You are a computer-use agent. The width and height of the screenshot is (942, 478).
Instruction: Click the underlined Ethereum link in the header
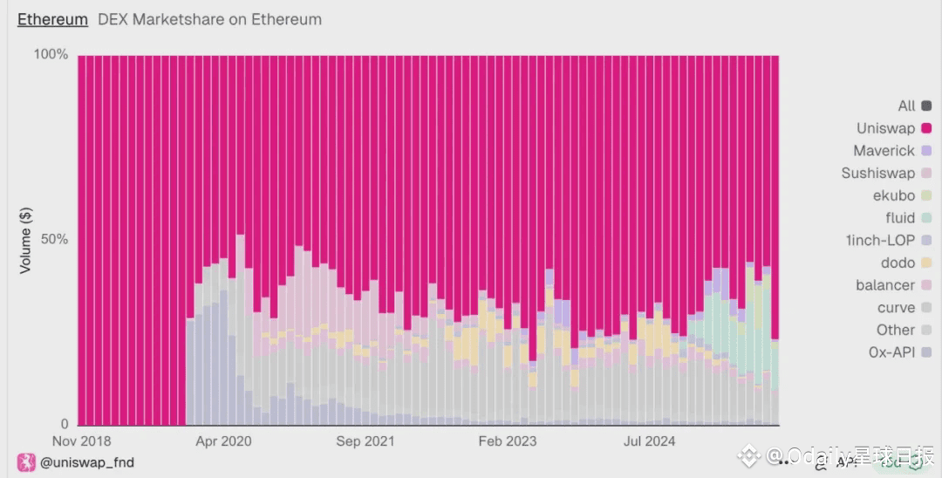[x=52, y=19]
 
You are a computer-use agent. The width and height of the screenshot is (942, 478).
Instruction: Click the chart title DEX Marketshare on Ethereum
[x=209, y=19]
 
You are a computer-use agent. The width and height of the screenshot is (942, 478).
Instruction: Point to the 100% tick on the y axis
[x=51, y=55]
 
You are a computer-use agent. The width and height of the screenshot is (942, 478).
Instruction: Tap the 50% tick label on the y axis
[x=51, y=240]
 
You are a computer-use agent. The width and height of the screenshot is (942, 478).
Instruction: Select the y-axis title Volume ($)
[x=25, y=240]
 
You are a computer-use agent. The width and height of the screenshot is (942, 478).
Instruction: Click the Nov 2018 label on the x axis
[x=81, y=441]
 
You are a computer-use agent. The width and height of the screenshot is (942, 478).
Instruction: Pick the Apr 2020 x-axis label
[x=223, y=441]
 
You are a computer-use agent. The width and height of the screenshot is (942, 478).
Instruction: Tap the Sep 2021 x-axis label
[x=365, y=441]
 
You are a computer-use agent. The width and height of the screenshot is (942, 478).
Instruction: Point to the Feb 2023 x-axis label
[x=508, y=441]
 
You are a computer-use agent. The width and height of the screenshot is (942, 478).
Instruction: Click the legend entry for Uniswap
[x=885, y=128]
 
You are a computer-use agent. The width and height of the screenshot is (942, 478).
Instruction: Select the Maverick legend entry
[x=884, y=151]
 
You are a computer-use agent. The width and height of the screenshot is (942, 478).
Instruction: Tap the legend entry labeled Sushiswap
[x=877, y=173]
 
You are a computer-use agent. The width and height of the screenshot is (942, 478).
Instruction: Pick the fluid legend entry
[x=900, y=218]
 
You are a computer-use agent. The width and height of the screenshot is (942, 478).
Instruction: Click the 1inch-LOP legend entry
[x=880, y=240]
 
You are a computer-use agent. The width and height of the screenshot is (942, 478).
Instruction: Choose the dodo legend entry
[x=898, y=263]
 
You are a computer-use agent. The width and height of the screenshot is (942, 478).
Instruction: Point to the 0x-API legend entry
[x=891, y=352]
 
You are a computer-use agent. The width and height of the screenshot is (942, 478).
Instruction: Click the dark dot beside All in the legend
[x=926, y=106]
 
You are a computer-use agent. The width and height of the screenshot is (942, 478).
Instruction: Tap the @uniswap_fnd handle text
[x=87, y=462]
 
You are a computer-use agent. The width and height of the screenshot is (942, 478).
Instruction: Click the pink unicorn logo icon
[x=25, y=462]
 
